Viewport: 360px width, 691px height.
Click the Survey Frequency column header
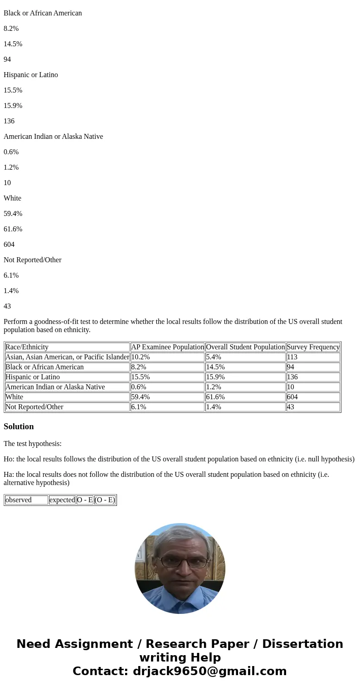click(313, 347)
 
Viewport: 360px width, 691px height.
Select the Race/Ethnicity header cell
click(27, 347)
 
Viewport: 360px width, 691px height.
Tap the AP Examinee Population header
click(167, 347)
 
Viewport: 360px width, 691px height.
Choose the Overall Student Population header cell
click(245, 347)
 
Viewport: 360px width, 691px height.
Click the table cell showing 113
click(292, 357)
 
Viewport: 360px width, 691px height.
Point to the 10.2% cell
click(141, 357)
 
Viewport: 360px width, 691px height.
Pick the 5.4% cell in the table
click(214, 357)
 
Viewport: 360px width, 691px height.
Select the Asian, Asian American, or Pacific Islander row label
click(67, 357)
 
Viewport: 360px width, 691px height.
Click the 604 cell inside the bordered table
click(292, 397)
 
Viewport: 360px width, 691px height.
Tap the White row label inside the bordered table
click(14, 397)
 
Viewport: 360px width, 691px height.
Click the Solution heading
click(19, 426)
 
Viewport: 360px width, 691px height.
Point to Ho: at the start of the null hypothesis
click(9, 459)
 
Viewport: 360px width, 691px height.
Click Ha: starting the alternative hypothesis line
click(9, 475)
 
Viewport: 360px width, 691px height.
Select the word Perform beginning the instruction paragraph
click(15, 322)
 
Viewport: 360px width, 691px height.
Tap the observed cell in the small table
click(19, 500)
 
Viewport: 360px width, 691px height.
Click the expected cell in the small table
click(62, 500)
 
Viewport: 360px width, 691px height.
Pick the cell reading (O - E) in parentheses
click(105, 500)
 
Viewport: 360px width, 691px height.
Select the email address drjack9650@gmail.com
click(209, 671)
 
